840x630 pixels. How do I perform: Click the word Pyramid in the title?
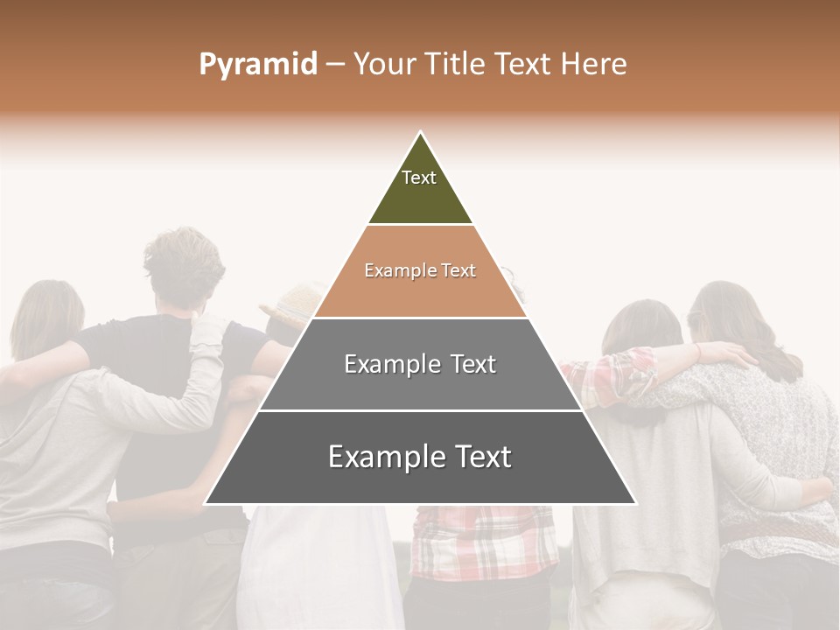click(x=258, y=65)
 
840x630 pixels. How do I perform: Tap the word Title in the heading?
click(x=454, y=65)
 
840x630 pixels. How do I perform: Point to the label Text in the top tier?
click(x=419, y=178)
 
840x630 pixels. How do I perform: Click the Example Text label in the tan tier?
click(x=420, y=270)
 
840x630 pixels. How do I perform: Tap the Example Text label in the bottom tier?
click(x=420, y=457)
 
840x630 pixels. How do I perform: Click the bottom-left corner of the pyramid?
click(x=206, y=503)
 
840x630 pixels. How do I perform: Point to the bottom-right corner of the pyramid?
click(x=635, y=503)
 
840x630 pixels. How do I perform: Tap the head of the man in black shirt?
click(x=184, y=267)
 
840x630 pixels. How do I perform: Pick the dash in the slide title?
click(x=335, y=65)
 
